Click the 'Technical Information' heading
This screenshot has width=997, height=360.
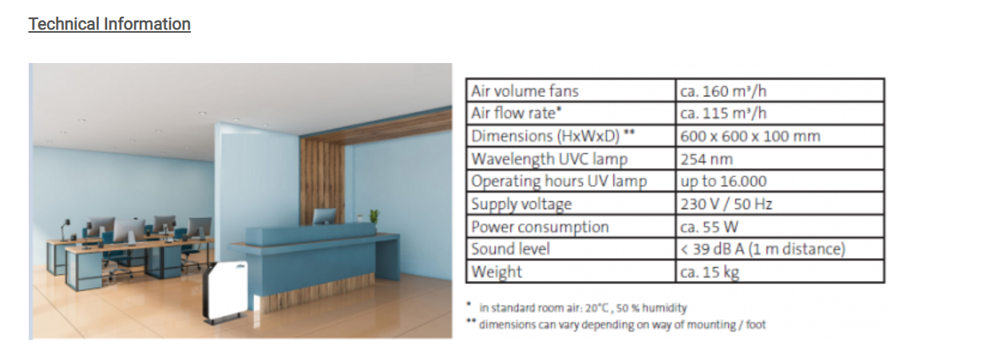109,24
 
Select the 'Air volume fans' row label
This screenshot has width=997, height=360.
524,91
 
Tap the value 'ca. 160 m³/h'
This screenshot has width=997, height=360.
723,91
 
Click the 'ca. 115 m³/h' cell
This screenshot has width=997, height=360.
723,113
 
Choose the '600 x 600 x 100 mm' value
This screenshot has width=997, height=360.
750,136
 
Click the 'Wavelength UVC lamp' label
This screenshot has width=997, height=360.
549,159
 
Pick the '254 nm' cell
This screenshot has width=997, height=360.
706,160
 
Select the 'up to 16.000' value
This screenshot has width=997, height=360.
723,181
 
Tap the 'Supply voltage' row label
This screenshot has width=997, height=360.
521,204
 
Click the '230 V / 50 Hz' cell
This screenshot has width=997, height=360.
726,204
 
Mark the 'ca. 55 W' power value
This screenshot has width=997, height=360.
709,227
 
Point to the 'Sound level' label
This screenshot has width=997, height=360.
511,249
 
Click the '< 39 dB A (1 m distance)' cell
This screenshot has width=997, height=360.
762,249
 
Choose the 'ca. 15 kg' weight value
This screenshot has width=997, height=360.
710,272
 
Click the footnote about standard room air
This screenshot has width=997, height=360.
577,307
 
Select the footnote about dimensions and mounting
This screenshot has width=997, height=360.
616,324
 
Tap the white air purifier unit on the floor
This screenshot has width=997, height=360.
226,291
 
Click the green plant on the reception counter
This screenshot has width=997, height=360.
374,216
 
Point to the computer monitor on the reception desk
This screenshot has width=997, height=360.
324,216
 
